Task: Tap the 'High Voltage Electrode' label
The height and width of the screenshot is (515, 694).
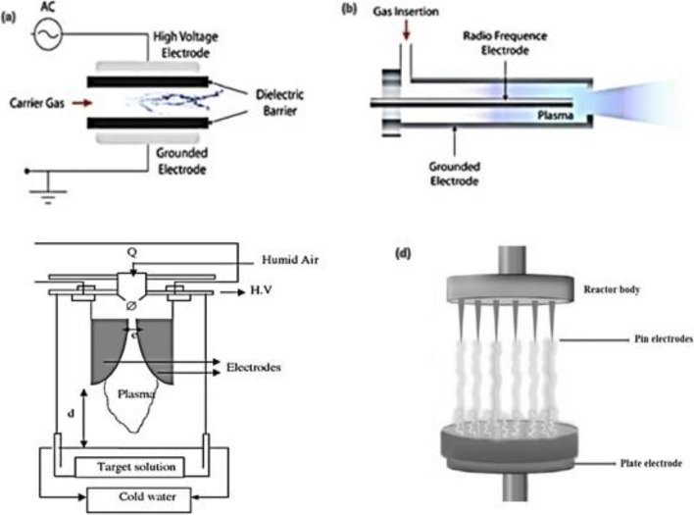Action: click(x=196, y=43)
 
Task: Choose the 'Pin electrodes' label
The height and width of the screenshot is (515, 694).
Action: click(x=623, y=339)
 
